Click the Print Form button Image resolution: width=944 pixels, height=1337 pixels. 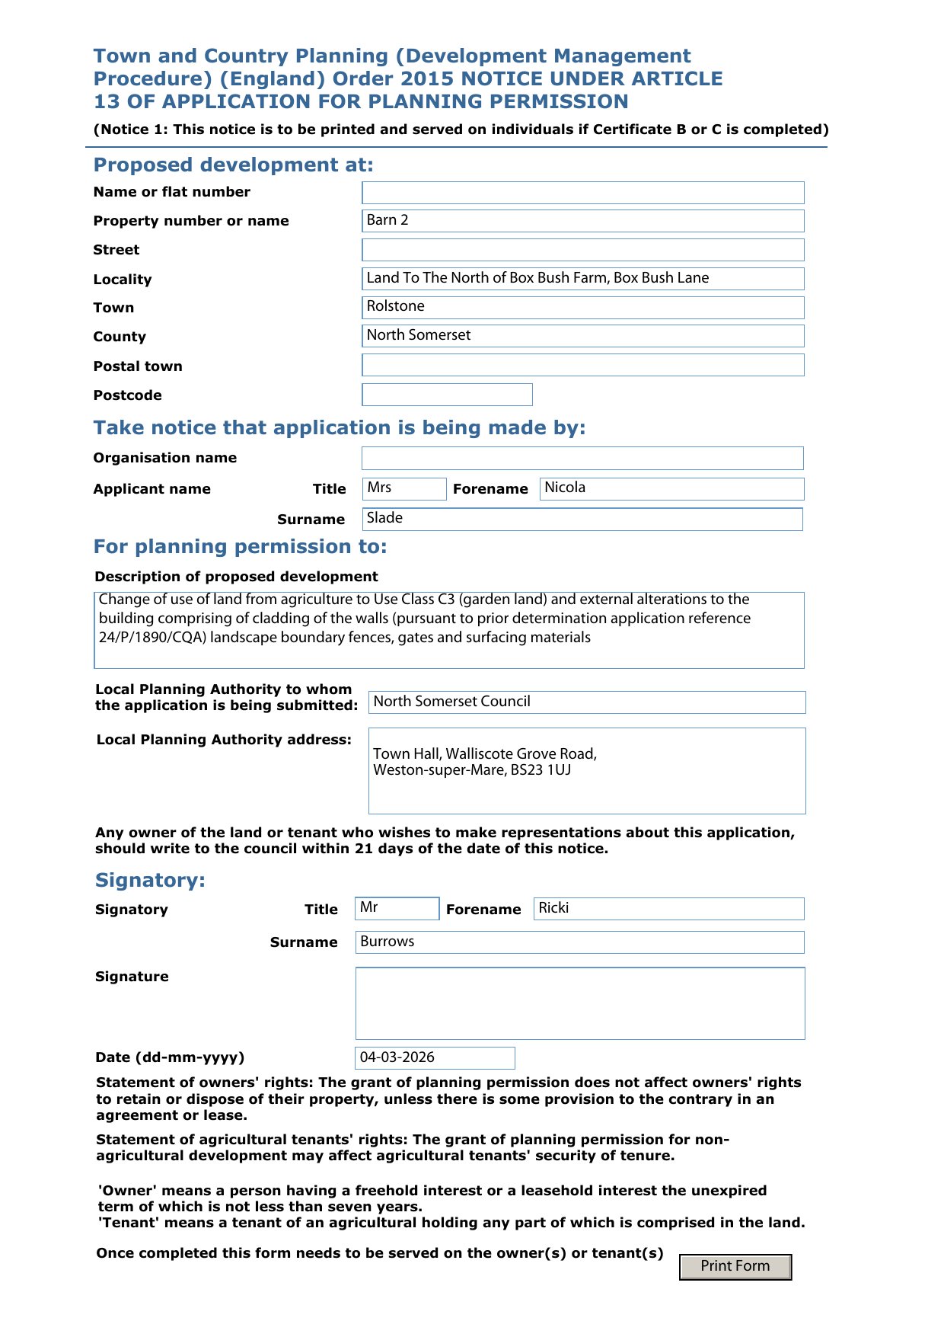coord(735,1266)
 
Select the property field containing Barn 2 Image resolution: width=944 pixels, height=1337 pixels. coord(582,221)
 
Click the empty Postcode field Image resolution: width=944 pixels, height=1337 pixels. coord(447,395)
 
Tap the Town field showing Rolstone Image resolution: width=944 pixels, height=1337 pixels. coord(582,307)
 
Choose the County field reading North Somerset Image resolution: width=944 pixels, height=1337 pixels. coord(582,336)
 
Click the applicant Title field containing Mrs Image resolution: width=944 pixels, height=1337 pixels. coord(403,488)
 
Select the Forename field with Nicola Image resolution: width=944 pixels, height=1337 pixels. coord(671,488)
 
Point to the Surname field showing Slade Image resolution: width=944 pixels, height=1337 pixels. coord(582,519)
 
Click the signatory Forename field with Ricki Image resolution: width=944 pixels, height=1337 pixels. coord(668,908)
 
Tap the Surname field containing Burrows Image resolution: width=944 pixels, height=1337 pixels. coord(579,942)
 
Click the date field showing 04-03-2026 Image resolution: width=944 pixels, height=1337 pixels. coord(435,1057)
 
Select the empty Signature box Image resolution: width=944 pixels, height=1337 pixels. coord(579,1003)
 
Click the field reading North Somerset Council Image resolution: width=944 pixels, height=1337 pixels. coord(586,702)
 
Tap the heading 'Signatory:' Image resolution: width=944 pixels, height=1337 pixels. coord(150,880)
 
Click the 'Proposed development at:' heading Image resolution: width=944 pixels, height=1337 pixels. coord(233,165)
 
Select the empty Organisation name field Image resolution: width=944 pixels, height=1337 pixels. coord(582,458)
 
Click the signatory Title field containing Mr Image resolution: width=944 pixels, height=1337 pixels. coord(397,908)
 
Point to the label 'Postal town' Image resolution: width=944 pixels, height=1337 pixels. coord(138,366)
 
